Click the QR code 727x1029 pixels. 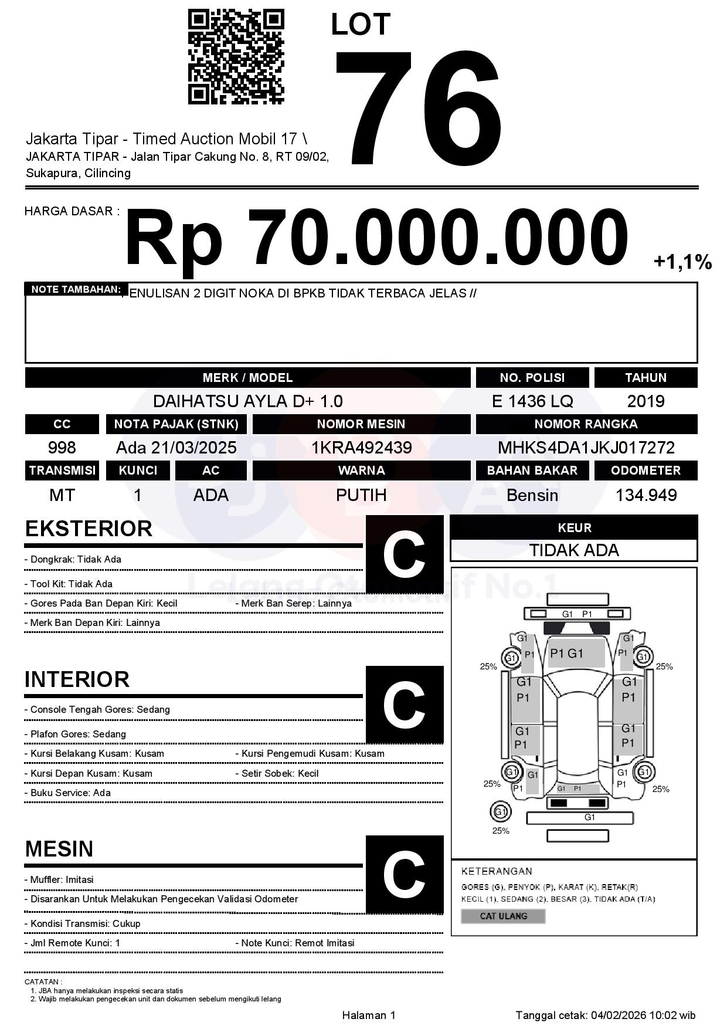tap(236, 57)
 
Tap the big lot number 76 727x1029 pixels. tap(419, 107)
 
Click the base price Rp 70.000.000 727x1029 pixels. tap(376, 239)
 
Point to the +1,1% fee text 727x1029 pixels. tap(682, 262)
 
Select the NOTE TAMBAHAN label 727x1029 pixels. tap(76, 289)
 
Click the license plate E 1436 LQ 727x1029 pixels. tap(532, 401)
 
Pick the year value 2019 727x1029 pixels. tap(646, 401)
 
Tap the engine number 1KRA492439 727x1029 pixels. tap(361, 448)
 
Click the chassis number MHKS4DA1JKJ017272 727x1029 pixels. tap(586, 448)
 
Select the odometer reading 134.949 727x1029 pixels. tap(646, 495)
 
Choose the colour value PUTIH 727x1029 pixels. tap(361, 495)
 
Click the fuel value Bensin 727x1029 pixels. tap(532, 495)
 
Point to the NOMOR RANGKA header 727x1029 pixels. tap(586, 424)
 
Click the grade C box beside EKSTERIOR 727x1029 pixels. tap(404, 554)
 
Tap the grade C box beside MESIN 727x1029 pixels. tap(404, 874)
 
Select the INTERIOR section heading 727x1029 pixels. tap(77, 679)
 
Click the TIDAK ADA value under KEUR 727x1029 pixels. tap(574, 550)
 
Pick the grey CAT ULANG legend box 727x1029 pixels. tap(503, 916)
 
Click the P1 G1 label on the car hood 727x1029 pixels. tap(567, 654)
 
